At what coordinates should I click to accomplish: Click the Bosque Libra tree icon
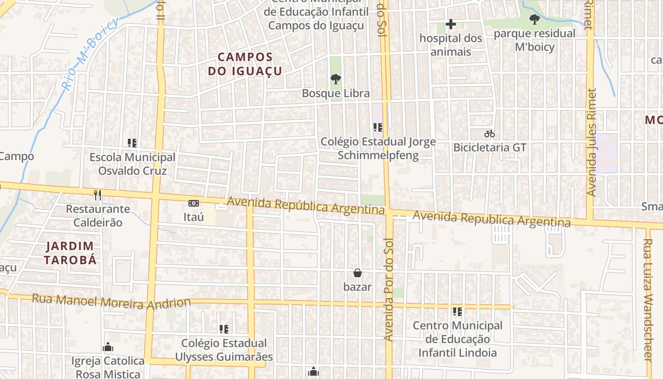point(335,79)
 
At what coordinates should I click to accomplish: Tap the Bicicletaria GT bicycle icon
point(489,134)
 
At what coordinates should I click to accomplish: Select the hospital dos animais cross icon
point(450,24)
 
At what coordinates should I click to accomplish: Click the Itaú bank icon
point(193,203)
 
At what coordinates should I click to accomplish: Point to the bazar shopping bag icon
point(358,273)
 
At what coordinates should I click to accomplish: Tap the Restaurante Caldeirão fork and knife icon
point(97,195)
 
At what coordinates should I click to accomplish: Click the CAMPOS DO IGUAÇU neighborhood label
point(245,64)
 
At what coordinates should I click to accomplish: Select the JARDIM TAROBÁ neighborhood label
point(70,253)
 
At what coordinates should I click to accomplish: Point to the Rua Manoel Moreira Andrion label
point(111,301)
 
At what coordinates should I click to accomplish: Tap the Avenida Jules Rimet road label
point(591,142)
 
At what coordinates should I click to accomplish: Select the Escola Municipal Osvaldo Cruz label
point(132,164)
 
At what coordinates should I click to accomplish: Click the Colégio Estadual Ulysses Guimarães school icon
point(224,329)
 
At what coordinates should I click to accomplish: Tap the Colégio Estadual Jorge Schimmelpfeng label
point(377,148)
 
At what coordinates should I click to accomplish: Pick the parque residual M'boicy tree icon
point(535,19)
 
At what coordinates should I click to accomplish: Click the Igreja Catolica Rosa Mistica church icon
point(108,347)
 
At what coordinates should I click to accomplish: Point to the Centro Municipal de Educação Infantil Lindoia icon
point(457,311)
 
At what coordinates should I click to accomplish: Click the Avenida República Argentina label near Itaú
point(305,206)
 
